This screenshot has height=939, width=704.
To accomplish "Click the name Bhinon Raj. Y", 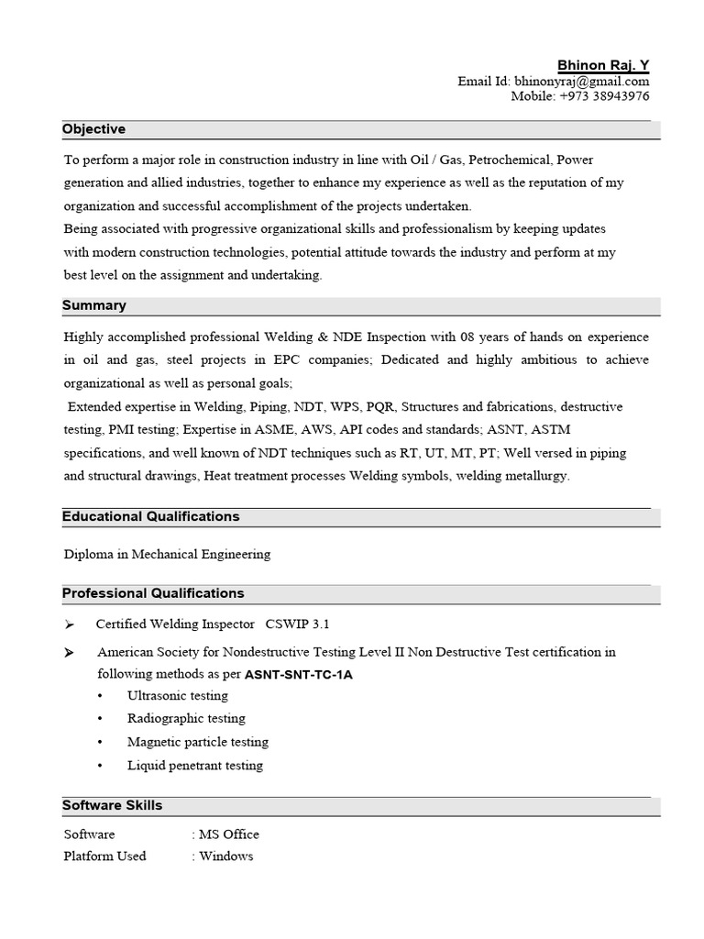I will [x=603, y=65].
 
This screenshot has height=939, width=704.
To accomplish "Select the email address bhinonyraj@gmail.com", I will [x=581, y=82].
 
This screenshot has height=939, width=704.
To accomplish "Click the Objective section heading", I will [x=93, y=129].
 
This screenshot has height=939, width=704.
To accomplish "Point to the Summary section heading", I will [x=94, y=305].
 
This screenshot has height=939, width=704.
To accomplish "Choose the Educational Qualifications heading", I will [x=150, y=516].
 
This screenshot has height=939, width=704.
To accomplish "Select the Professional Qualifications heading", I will [x=153, y=593].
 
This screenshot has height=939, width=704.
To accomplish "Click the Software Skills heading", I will [x=112, y=805].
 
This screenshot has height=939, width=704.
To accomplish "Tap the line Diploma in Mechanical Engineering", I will [x=167, y=554].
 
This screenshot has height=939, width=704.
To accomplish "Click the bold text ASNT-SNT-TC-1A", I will [x=298, y=675].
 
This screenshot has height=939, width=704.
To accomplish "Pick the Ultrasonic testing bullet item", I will [x=177, y=696].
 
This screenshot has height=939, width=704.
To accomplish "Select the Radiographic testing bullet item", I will [x=186, y=719].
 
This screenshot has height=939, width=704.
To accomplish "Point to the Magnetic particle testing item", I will [x=197, y=742].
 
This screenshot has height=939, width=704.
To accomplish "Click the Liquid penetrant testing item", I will [x=194, y=766].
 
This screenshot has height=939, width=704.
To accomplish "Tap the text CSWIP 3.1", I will [x=297, y=624].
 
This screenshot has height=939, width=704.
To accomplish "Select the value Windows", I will [x=225, y=856].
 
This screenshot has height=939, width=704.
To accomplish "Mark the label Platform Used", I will [x=104, y=856].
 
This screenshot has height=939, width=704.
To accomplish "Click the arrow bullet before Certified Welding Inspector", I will [x=70, y=624].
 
